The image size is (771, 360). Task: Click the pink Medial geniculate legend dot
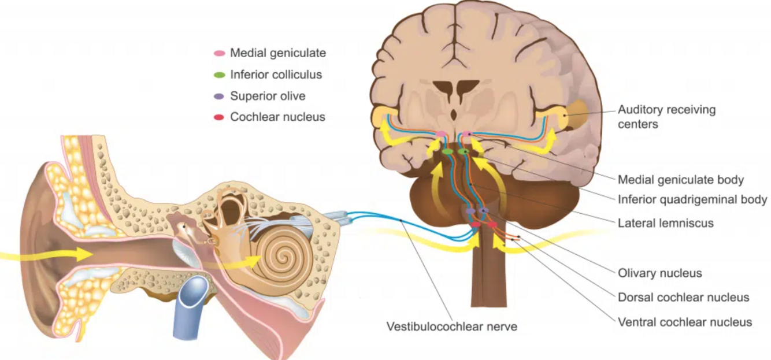point(220,53)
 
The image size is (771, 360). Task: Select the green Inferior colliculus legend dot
point(220,75)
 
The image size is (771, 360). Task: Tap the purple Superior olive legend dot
point(220,96)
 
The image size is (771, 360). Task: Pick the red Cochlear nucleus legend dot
point(220,117)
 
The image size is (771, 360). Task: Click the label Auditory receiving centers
point(666,116)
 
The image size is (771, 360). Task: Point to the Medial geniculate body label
point(680,180)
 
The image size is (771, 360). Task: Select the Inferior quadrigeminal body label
point(692,200)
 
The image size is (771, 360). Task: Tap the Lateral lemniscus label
point(665,222)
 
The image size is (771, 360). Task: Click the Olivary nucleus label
point(659,273)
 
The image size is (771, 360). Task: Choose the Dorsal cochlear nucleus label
point(683,298)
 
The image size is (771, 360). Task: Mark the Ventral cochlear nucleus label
point(685,322)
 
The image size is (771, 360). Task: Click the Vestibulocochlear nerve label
point(451,326)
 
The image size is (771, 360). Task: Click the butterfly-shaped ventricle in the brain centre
point(457,90)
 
